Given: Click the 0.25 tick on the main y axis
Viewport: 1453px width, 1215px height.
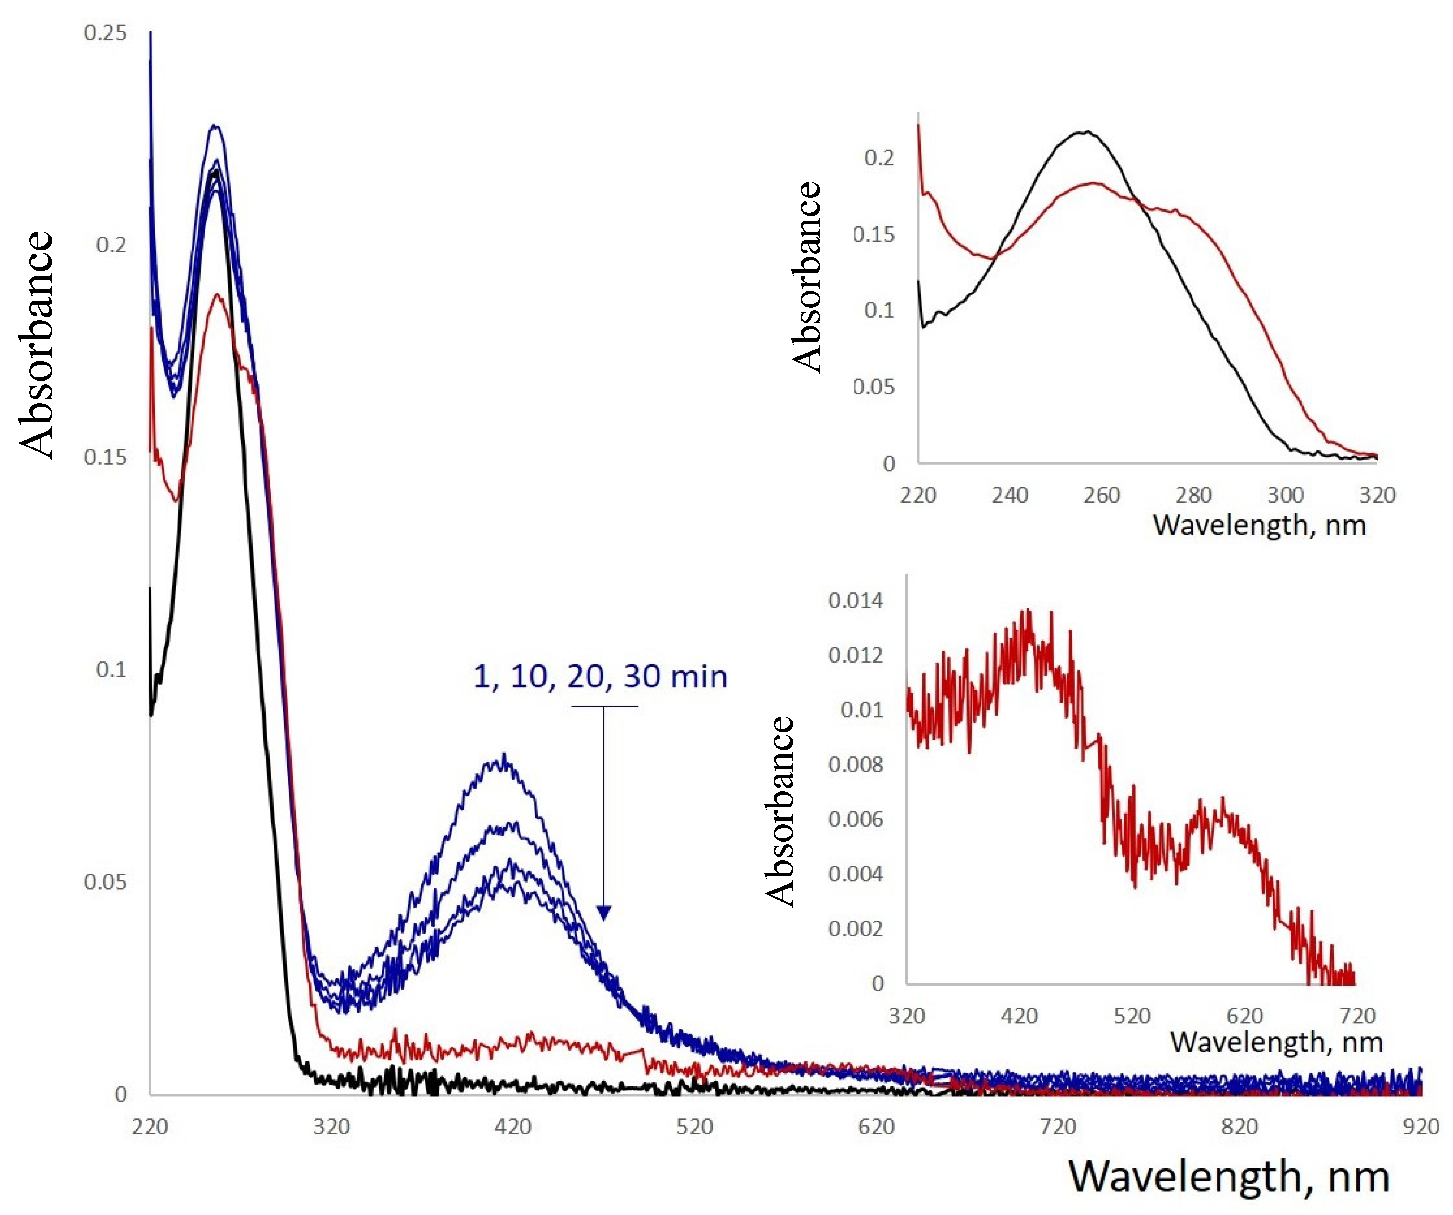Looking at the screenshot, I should [x=105, y=32].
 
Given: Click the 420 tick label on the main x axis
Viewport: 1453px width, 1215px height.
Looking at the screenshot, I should [x=513, y=1126].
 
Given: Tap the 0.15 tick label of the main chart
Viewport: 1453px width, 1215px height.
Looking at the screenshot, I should [x=105, y=457].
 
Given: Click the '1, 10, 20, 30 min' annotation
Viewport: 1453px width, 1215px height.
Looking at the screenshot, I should [x=600, y=676].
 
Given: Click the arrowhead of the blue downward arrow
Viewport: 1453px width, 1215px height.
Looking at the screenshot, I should [x=603, y=913].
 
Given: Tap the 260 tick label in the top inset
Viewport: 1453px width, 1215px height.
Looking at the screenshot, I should [x=1101, y=495].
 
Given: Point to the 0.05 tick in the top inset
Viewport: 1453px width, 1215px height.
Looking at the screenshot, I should [x=873, y=386].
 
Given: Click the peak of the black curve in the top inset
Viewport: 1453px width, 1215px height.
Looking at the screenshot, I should [x=1087, y=131].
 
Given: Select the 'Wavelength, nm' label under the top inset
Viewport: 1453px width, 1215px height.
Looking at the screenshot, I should [x=1259, y=525].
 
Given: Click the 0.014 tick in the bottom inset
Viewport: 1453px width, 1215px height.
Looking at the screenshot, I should [x=855, y=600].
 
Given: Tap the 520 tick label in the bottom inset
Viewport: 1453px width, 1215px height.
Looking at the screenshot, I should [x=1131, y=1016].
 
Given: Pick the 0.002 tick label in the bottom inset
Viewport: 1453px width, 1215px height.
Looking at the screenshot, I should [x=855, y=928].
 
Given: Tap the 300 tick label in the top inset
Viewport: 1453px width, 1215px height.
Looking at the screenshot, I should [x=1285, y=495].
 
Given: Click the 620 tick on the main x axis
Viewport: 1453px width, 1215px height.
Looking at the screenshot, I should [x=876, y=1126].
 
